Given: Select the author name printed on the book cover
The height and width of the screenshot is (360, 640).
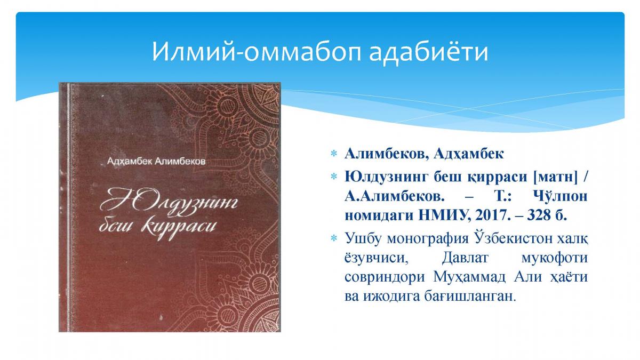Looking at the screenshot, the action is click(x=156, y=162).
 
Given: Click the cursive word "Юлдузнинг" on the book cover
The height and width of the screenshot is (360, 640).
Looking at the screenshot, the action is click(x=169, y=203).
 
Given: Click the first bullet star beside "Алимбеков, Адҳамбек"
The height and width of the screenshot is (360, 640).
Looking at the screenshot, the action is click(x=334, y=154).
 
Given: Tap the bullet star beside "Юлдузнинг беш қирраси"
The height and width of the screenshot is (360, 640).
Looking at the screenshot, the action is click(x=334, y=177).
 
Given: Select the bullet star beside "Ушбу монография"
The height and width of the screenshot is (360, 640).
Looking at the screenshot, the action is click(x=334, y=238).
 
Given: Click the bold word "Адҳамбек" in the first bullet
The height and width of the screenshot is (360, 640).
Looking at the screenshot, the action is click(x=469, y=154).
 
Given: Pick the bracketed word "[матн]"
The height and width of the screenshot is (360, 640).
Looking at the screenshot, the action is click(x=555, y=177).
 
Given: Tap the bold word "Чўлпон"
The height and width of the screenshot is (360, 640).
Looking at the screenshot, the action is click(x=561, y=196).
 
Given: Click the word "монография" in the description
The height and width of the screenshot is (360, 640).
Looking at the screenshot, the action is click(x=428, y=238).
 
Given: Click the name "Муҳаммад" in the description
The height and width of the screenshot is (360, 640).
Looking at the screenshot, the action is click(x=469, y=277).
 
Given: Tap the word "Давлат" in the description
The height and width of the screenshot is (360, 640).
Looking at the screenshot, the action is click(x=465, y=258).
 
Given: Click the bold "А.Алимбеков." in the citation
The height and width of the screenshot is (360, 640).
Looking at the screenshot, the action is click(x=395, y=196).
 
